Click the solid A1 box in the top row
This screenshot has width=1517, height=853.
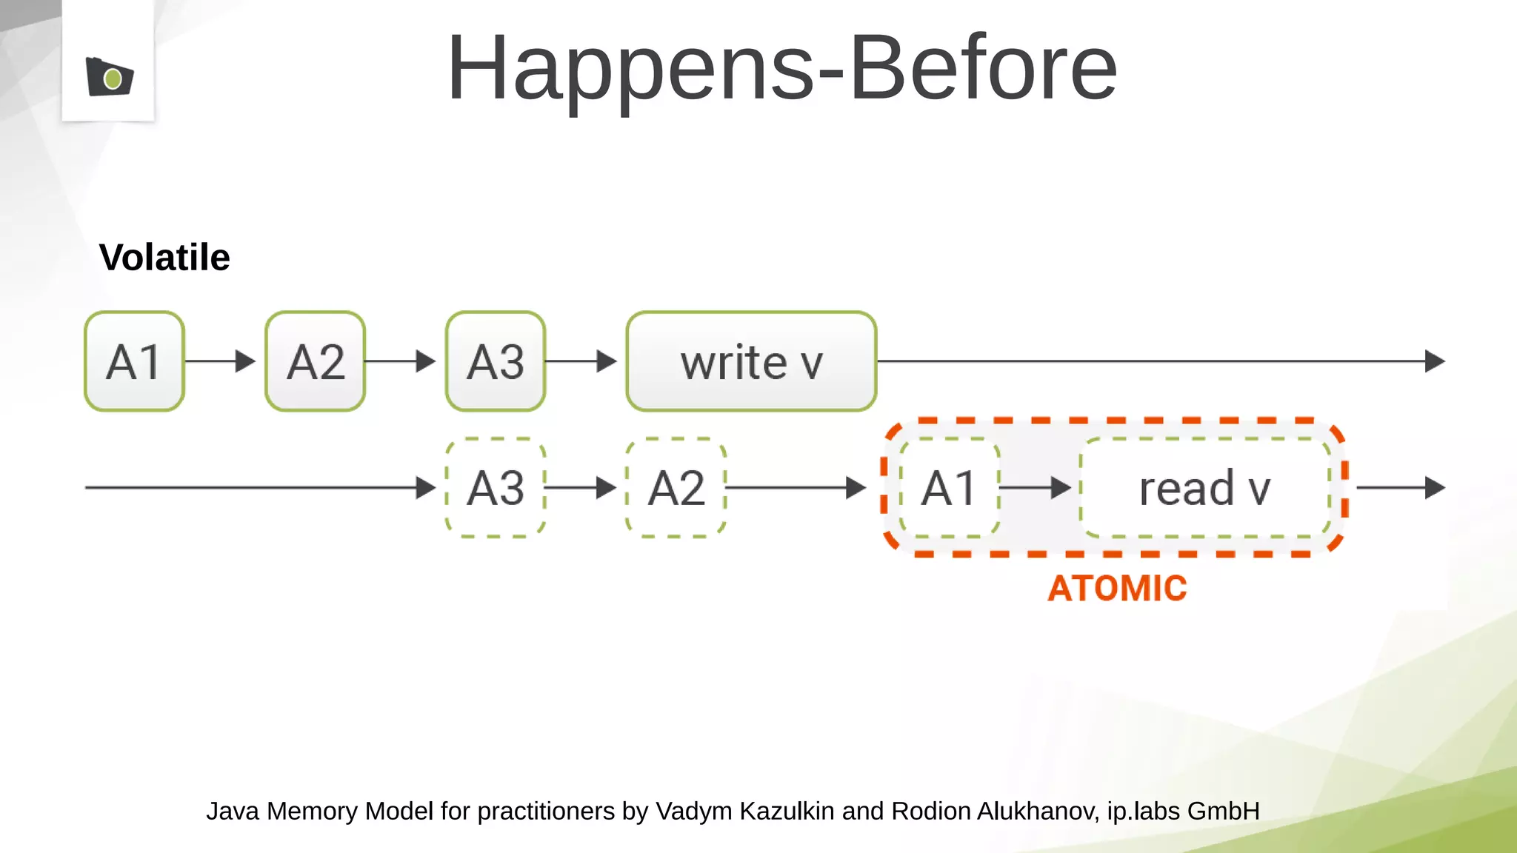pos(134,361)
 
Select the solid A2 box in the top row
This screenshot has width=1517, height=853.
pos(315,361)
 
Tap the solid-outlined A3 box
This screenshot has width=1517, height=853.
pos(496,361)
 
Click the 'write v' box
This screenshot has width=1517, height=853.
pos(751,361)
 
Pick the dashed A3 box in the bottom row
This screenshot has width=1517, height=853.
pos(496,487)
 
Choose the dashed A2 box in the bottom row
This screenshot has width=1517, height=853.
pos(676,487)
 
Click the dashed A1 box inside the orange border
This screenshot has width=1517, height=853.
pos(950,487)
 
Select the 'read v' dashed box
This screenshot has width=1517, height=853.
pos(1205,487)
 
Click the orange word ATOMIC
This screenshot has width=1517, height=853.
pos(1117,589)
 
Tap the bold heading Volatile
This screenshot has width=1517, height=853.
pos(164,258)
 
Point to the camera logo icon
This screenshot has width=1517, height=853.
pos(110,77)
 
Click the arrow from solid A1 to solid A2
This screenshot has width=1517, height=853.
pos(221,361)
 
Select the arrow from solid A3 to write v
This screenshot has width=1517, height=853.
pos(582,361)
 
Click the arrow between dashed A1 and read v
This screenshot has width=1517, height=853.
pos(1036,487)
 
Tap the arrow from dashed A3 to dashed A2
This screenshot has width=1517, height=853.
pos(582,487)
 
